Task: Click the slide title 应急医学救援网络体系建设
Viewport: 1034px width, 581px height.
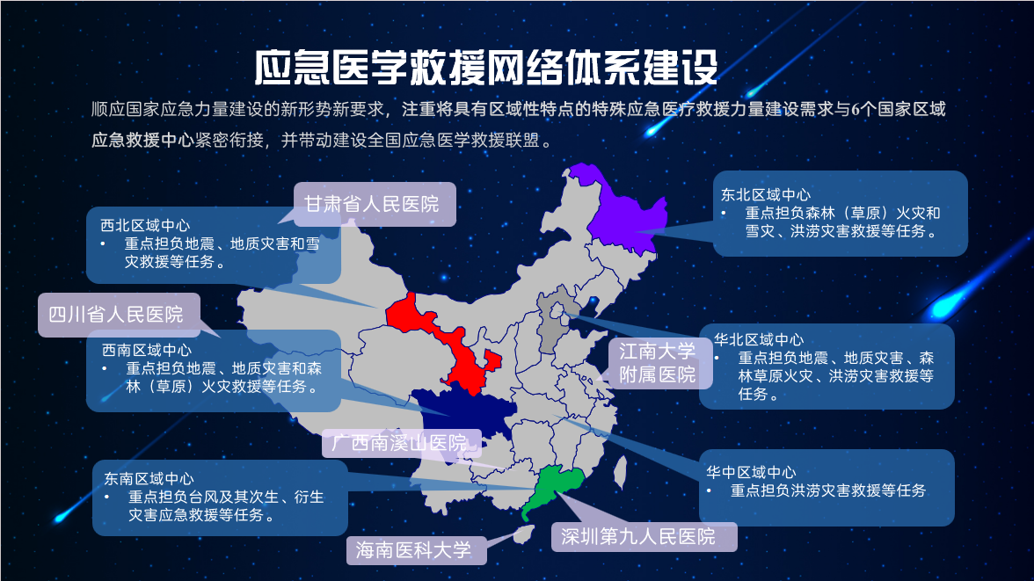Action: point(485,66)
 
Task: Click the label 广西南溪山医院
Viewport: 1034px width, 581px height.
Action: point(400,442)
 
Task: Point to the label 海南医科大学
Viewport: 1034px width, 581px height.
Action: point(413,550)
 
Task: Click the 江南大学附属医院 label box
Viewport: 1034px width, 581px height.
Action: point(657,364)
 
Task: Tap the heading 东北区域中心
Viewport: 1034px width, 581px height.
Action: point(766,194)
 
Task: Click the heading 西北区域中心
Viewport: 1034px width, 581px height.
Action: point(145,225)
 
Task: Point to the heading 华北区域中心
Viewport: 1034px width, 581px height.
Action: point(759,339)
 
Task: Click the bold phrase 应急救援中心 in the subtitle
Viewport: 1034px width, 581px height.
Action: point(142,139)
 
